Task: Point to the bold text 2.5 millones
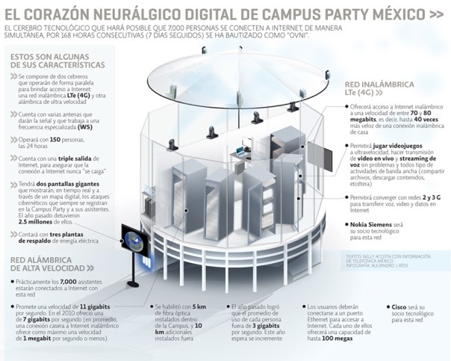45,222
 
